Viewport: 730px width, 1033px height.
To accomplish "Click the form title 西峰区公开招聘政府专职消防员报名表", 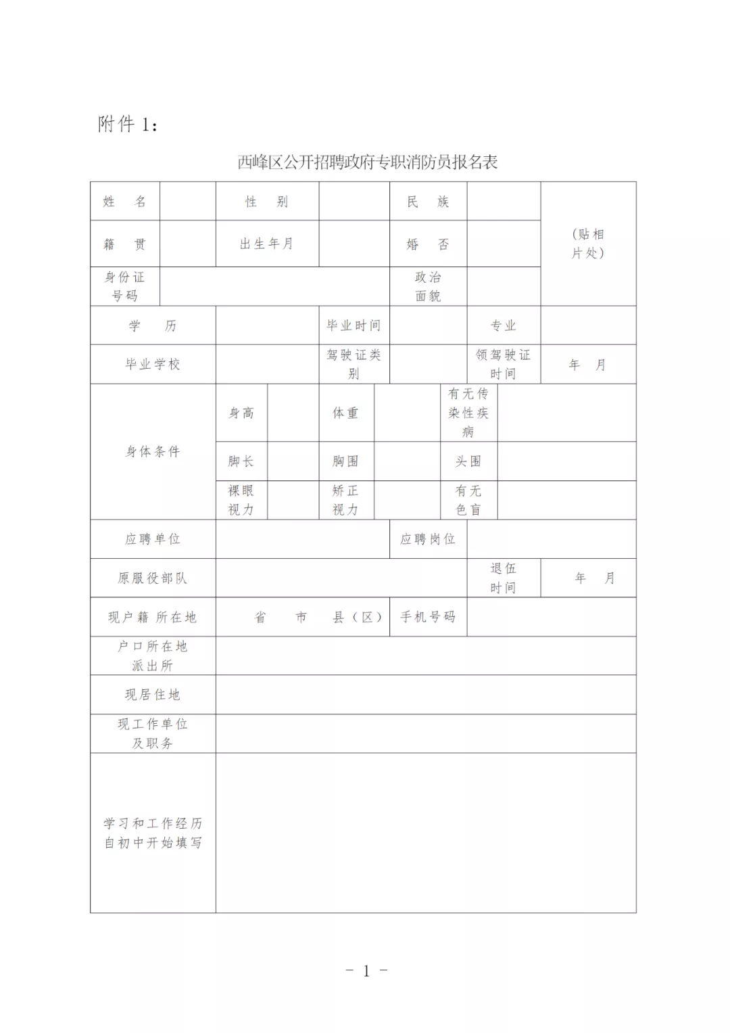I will (x=367, y=162).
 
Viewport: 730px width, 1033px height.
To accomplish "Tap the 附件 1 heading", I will (x=128, y=124).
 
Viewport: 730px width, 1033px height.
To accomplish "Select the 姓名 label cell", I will (x=124, y=202).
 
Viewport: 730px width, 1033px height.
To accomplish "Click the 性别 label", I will (x=266, y=202).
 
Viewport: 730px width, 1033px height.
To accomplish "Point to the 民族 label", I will (x=428, y=202).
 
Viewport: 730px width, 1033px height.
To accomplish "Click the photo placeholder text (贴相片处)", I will (x=588, y=244).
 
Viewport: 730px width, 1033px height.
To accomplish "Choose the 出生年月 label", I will (x=266, y=244).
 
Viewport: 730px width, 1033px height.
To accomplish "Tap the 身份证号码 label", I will (x=124, y=286).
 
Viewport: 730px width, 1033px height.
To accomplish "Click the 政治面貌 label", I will (x=428, y=286).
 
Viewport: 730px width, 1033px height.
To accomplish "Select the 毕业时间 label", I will (x=354, y=325).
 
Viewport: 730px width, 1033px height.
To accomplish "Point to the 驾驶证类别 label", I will (x=354, y=364).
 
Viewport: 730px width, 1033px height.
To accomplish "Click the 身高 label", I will (x=241, y=413).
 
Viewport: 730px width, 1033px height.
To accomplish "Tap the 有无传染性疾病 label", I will (x=468, y=413).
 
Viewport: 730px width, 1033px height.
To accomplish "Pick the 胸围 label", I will (x=345, y=461).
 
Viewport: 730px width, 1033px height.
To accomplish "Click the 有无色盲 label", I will (x=468, y=500).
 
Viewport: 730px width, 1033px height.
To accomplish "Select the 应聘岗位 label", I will (x=428, y=539).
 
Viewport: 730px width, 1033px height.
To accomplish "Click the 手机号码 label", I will (x=428, y=617).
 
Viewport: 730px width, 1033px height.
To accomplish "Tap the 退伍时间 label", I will (x=503, y=578).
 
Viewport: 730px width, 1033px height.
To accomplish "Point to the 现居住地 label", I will (x=153, y=695).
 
